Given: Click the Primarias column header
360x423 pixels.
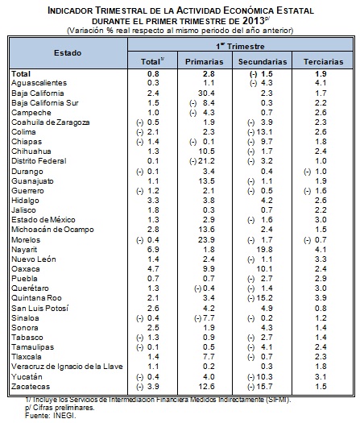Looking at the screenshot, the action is point(204,62).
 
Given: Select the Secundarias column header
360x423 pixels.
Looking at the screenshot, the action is point(263,62).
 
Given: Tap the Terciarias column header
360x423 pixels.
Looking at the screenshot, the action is point(323,62).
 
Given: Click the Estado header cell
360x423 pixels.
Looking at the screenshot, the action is point(68,53).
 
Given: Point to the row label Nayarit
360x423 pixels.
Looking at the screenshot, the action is point(24,250).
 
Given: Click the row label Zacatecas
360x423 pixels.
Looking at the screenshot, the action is point(31,387).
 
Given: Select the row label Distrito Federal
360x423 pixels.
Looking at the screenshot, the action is point(39,161).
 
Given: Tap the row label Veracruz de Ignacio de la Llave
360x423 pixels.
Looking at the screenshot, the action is point(67,367).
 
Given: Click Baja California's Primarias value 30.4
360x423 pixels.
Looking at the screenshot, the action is point(206,93).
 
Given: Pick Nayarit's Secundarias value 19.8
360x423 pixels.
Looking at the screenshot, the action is point(264,250).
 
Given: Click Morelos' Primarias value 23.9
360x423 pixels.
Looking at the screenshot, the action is point(206,240).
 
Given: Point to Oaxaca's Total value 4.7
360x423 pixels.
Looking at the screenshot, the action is point(153,269).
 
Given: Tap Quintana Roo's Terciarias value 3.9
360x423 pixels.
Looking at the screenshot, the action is point(321,298).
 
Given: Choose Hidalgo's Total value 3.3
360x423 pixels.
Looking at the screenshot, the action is point(153,201).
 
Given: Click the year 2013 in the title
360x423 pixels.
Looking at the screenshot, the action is point(254,21).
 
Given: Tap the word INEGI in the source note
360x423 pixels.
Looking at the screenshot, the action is point(64,416).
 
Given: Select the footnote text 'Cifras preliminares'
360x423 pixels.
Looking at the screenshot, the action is point(64,408).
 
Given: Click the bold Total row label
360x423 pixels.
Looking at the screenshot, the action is point(21,74).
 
